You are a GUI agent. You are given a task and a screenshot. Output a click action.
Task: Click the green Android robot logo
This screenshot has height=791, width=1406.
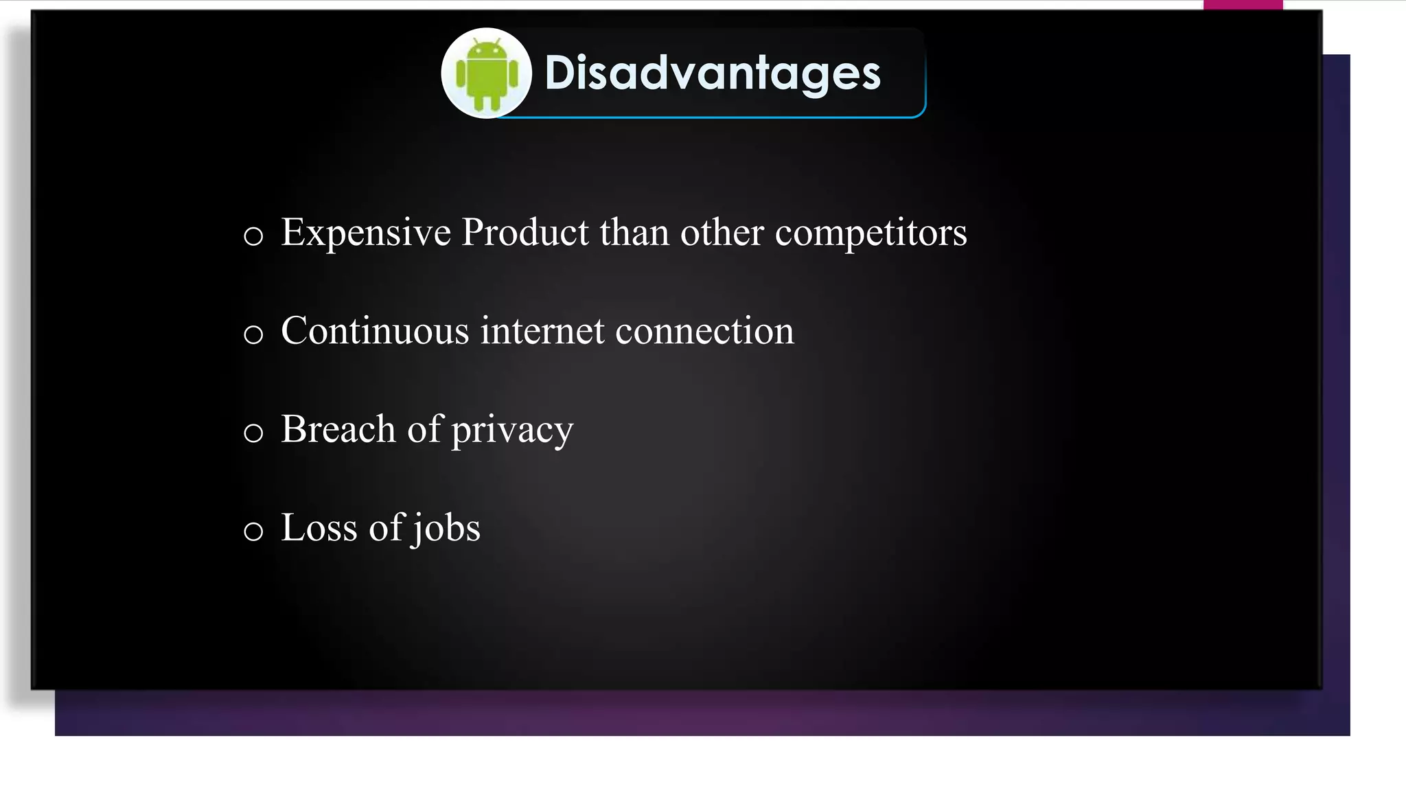pos(487,74)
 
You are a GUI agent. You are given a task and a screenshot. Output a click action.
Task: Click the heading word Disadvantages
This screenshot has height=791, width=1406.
pos(712,73)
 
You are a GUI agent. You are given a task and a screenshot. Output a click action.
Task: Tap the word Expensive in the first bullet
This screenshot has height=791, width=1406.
pos(366,233)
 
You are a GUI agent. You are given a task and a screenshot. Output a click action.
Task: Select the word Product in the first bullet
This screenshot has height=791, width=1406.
pos(525,232)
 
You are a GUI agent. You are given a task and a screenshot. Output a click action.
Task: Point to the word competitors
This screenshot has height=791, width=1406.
pos(871,233)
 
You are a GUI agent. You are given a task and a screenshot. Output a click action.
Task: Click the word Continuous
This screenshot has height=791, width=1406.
pos(375,331)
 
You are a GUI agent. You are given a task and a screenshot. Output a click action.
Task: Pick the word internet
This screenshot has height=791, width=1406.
pos(542,331)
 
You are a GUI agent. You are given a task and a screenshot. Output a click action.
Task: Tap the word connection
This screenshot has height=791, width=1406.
pos(704,331)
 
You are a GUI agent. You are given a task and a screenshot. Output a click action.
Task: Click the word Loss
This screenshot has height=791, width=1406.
pos(319,528)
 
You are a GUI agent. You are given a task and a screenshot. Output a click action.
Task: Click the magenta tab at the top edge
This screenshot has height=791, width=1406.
pos(1243,5)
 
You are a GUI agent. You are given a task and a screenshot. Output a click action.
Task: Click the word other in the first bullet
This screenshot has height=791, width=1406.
pos(722,232)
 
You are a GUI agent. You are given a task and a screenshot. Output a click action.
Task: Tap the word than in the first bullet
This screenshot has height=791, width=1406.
pos(634,232)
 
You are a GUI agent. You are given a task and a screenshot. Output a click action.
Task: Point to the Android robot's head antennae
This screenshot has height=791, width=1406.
pos(487,44)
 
